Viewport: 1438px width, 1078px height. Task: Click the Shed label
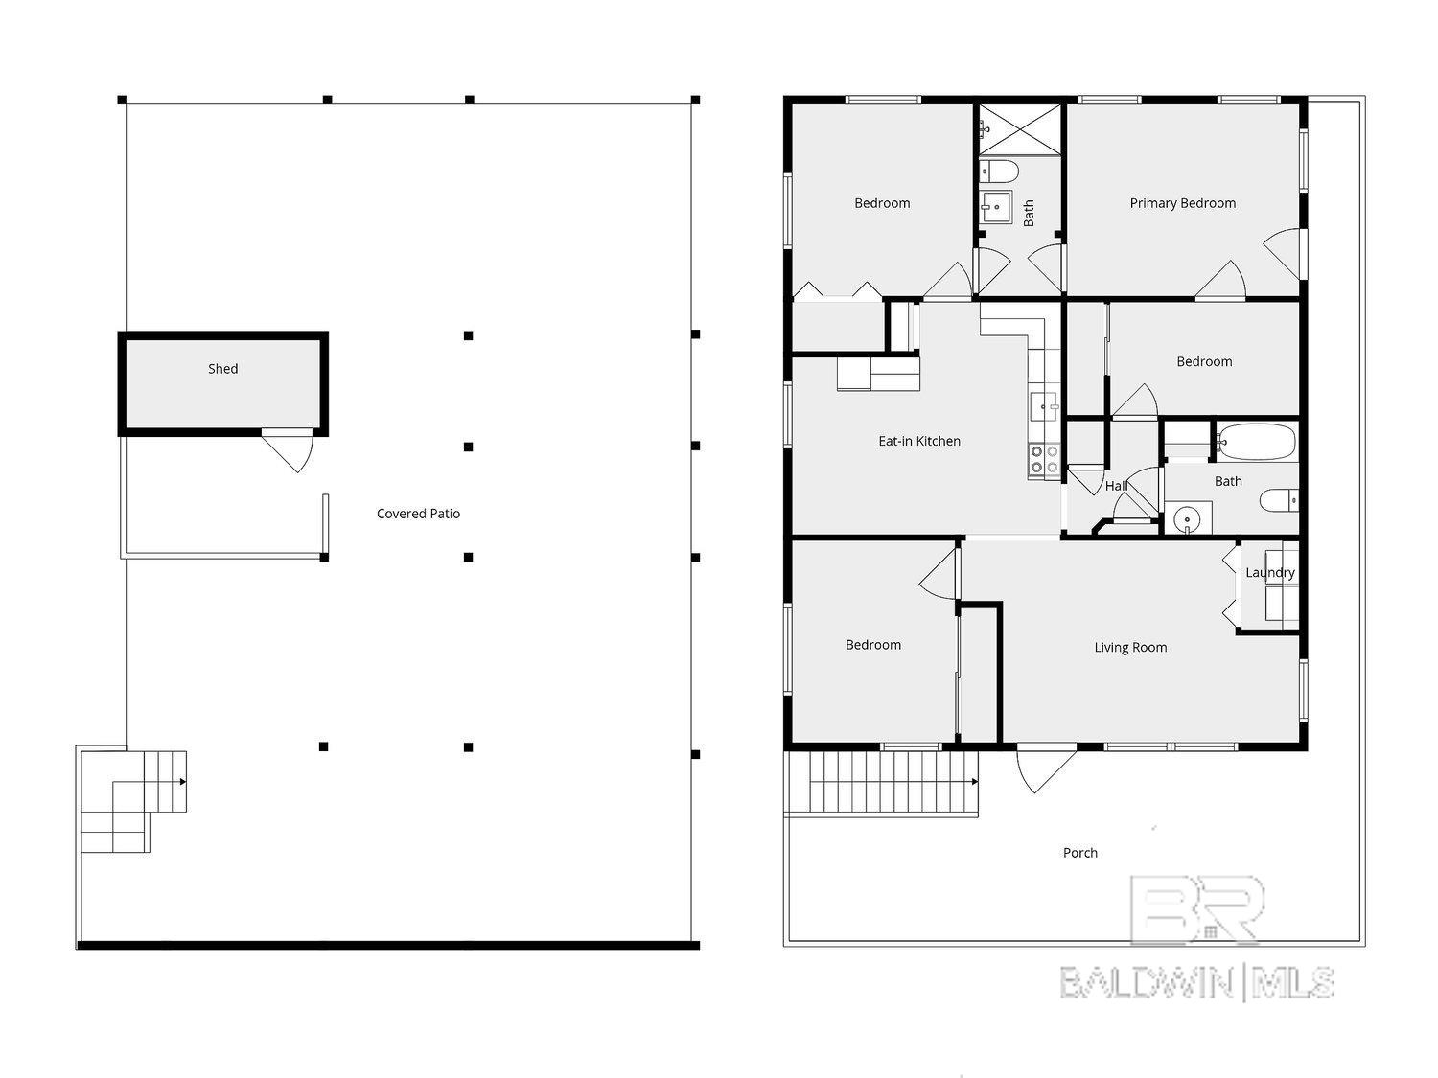pos(222,369)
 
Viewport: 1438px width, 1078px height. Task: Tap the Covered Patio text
pos(418,514)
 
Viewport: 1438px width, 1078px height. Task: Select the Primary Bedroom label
pos(1182,203)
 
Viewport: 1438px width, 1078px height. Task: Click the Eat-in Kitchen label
pos(919,441)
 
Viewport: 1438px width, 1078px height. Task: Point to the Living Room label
pos(1130,648)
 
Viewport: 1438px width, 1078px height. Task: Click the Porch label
pos(1079,853)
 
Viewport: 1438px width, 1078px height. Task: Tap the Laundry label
pos(1269,573)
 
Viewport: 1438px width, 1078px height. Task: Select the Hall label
pos(1116,486)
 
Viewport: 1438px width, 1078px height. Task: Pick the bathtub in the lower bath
pos(1257,443)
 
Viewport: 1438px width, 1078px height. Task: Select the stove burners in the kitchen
pos(1044,460)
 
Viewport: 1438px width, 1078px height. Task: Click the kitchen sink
pos(1042,405)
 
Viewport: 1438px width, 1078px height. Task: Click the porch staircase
pos(892,782)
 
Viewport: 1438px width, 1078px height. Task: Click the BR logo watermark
pos(1197,910)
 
